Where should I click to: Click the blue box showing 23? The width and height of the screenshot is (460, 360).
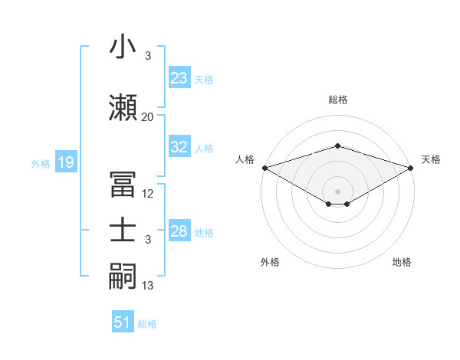[x=179, y=78]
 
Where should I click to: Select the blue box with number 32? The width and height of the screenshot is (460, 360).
[x=179, y=148]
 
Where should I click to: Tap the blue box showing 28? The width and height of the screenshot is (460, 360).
[x=179, y=231]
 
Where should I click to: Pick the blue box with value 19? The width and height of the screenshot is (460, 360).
[x=65, y=162]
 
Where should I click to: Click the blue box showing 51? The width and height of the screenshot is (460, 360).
[x=123, y=322]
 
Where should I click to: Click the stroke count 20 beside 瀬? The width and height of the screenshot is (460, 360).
[x=147, y=117]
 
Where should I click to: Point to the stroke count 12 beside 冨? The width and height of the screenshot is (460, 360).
[x=148, y=194]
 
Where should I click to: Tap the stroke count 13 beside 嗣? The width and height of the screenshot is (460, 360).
[x=148, y=286]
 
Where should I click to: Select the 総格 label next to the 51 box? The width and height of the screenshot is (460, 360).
[x=147, y=324]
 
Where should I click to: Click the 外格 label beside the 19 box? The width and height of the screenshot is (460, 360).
[x=41, y=163]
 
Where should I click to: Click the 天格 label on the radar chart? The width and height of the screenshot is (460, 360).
[x=431, y=159]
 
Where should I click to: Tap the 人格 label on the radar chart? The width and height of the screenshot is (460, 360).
[x=245, y=159]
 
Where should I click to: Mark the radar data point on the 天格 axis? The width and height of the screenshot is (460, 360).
[x=411, y=168]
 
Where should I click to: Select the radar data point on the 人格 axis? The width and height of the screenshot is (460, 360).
[x=264, y=168]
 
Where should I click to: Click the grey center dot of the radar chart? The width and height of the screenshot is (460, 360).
[x=337, y=191]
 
